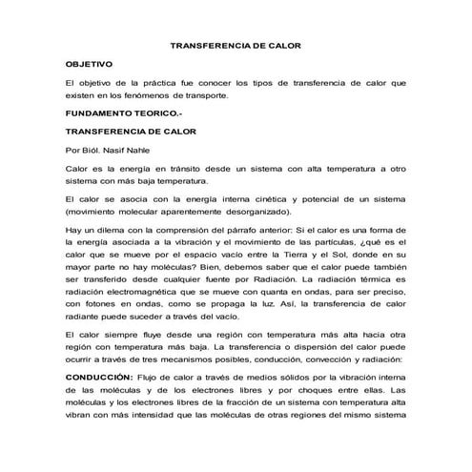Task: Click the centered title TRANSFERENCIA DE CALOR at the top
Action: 235,45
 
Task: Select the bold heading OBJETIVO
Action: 88,62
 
